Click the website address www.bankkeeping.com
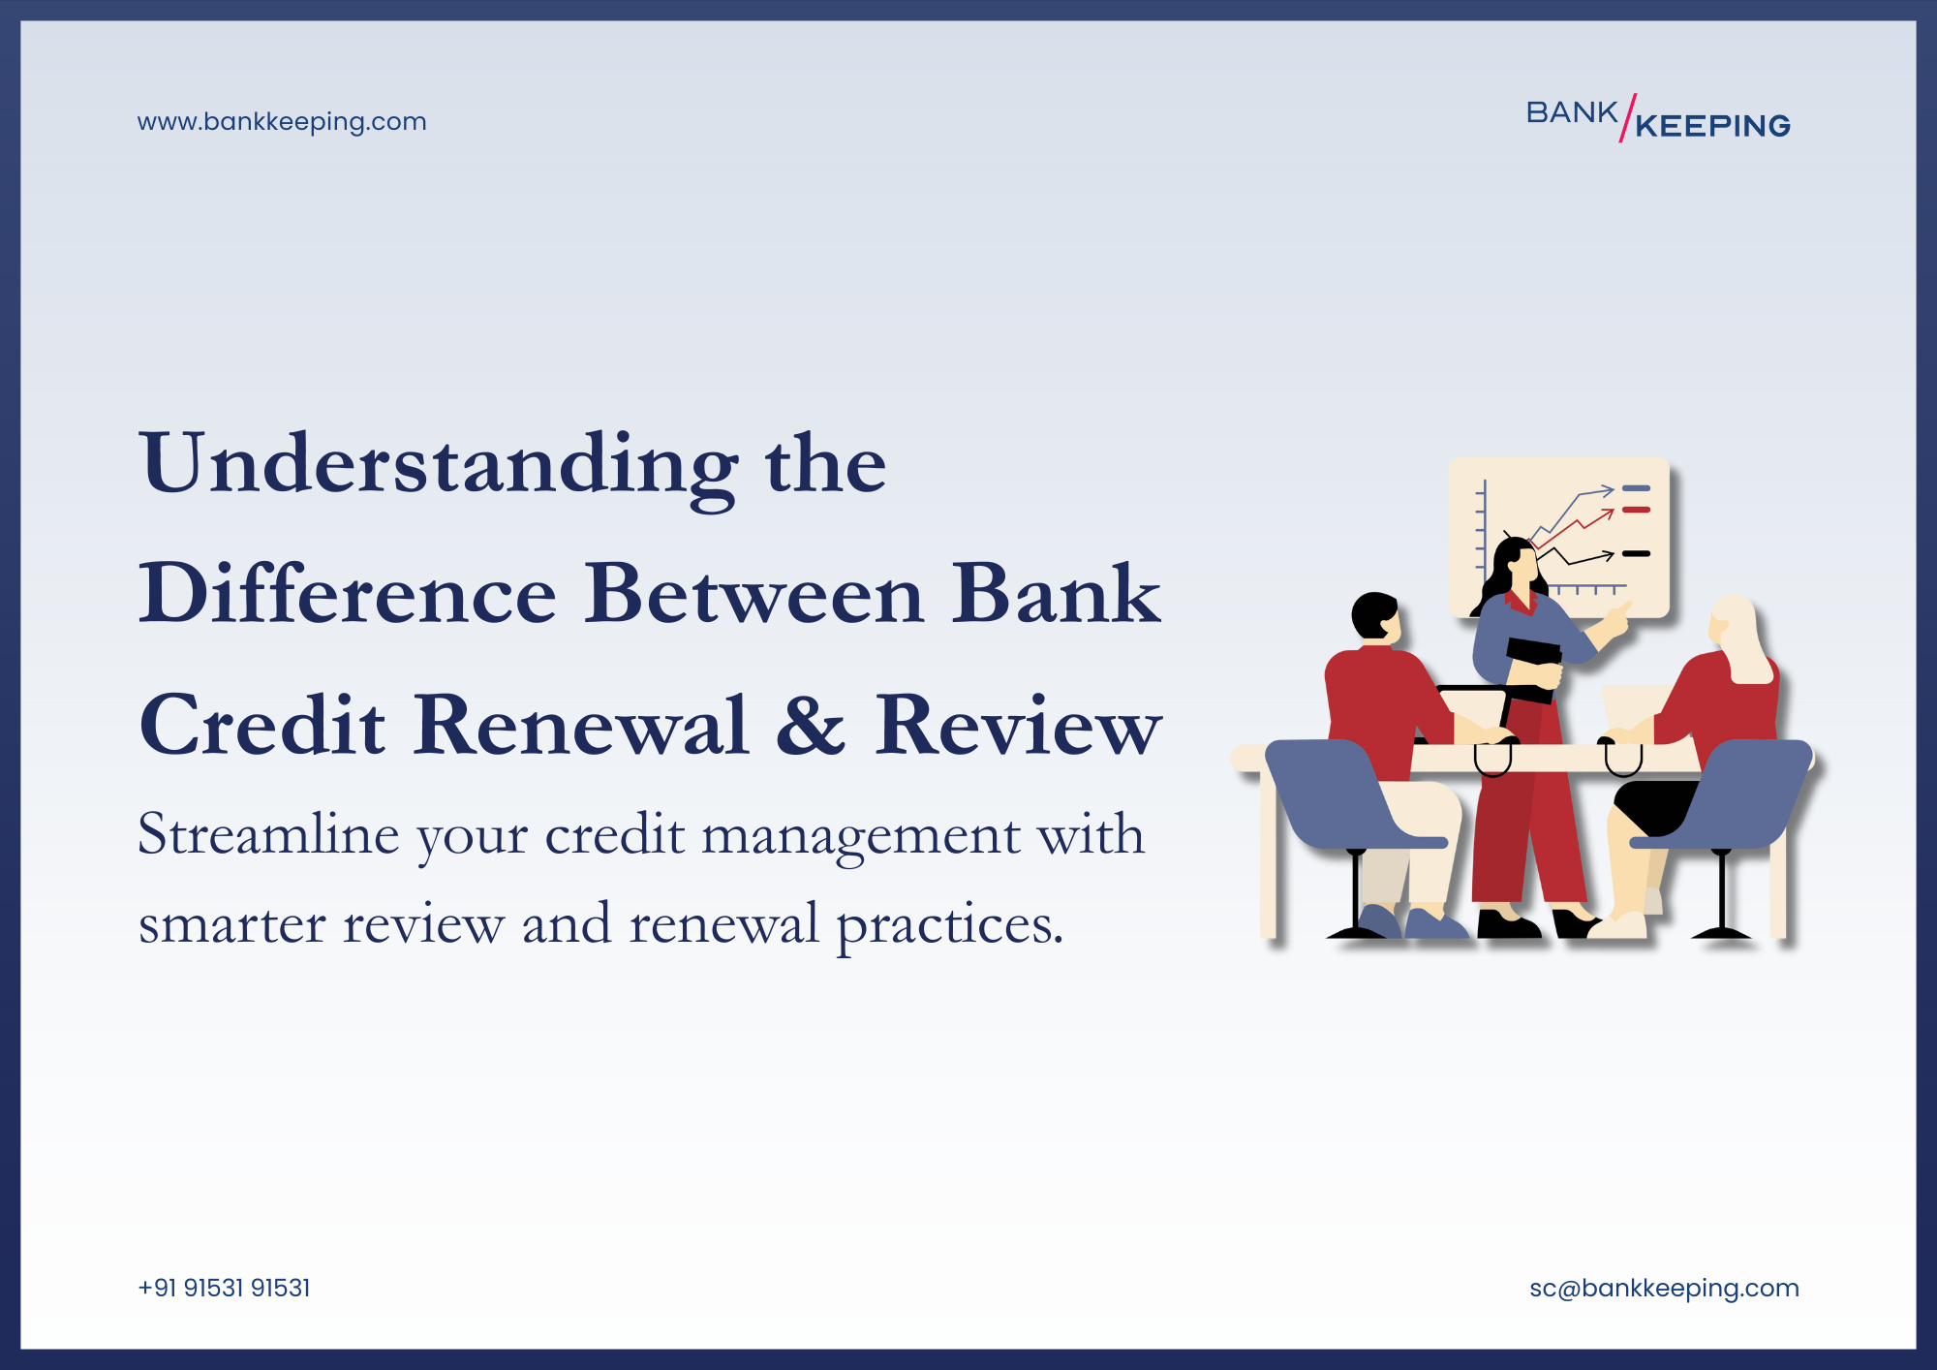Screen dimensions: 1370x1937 click(281, 122)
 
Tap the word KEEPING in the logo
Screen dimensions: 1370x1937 click(1712, 126)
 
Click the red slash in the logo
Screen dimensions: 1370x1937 click(1628, 117)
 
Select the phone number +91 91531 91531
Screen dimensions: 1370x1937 click(224, 1288)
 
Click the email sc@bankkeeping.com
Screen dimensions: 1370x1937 click(1664, 1288)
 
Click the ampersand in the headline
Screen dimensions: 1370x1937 click(810, 727)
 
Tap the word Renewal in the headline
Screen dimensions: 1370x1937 click(581, 727)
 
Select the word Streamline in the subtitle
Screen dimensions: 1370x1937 click(268, 835)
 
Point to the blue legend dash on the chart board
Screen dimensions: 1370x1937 click(1636, 488)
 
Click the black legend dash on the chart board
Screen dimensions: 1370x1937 click(1636, 554)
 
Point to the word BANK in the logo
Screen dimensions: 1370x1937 click(1571, 112)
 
